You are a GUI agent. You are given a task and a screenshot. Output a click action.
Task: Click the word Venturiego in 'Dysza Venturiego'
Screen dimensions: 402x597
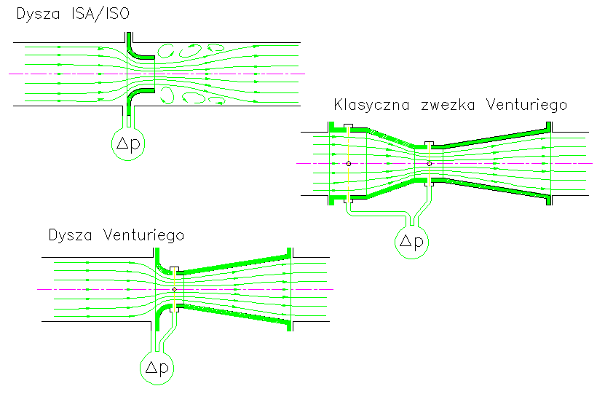[x=143, y=235]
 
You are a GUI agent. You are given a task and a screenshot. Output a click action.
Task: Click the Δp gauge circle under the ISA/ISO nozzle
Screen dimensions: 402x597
[x=130, y=143]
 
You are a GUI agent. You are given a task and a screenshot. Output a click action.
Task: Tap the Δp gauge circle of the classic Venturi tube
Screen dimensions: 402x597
[x=412, y=242]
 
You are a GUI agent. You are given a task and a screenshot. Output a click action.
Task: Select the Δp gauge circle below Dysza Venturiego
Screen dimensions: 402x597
[x=158, y=367]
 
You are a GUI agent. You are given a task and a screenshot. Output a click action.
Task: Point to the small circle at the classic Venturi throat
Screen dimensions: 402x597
[x=430, y=164]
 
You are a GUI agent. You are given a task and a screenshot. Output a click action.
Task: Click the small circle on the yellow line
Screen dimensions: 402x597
[x=349, y=164]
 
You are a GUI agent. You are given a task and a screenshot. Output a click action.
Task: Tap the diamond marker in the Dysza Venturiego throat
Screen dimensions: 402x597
[x=174, y=290]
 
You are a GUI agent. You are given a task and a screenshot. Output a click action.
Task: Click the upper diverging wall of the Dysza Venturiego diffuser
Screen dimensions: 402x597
[x=233, y=264]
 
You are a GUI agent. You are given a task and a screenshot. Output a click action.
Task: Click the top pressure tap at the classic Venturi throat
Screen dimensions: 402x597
[x=430, y=143]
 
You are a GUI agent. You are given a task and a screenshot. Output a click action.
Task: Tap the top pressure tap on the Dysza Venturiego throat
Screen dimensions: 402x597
[x=174, y=269]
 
